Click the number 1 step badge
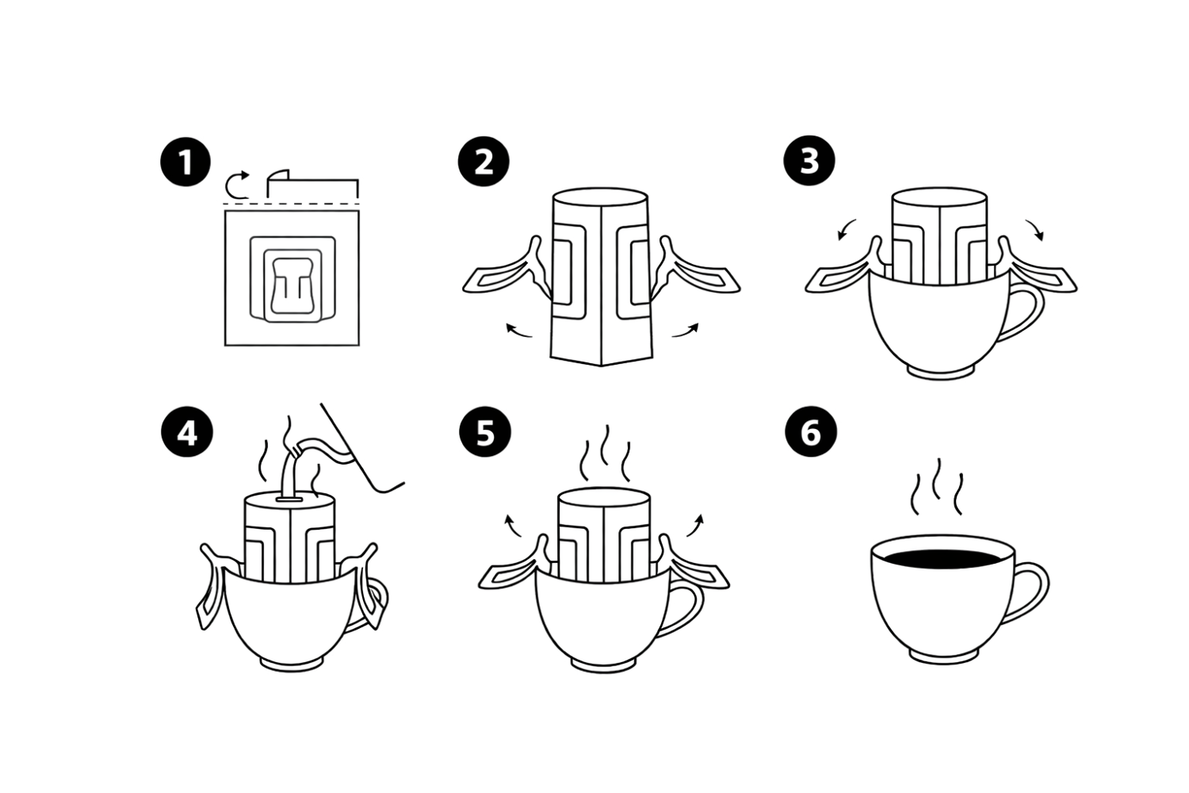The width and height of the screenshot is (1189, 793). tap(185, 163)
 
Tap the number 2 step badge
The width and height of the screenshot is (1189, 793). tap(484, 163)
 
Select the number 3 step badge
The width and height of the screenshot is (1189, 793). tap(809, 161)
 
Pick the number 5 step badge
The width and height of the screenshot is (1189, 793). tap(485, 433)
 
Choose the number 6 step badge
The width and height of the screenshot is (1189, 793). tap(810, 433)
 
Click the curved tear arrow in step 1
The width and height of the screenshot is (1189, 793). tap(236, 184)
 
